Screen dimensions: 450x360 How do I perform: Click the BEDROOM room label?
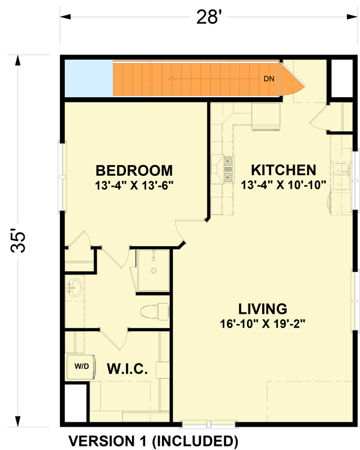pyautogui.click(x=134, y=171)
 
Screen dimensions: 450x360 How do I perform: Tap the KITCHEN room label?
pyautogui.click(x=283, y=169)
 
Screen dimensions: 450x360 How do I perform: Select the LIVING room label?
pyautogui.click(x=263, y=310)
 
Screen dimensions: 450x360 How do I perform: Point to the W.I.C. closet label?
pyautogui.click(x=127, y=368)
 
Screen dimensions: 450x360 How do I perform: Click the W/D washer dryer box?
pyautogui.click(x=81, y=365)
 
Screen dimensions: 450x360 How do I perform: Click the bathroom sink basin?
pyautogui.click(x=74, y=289)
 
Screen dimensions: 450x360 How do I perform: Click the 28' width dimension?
pyautogui.click(x=206, y=17)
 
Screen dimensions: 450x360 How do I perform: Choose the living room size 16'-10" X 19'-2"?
pyautogui.click(x=263, y=325)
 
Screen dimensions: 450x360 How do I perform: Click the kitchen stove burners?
pyautogui.click(x=229, y=169)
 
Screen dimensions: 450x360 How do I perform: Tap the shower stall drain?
pyautogui.click(x=154, y=271)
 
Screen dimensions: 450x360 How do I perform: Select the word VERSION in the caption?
pyautogui.click(x=100, y=441)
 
